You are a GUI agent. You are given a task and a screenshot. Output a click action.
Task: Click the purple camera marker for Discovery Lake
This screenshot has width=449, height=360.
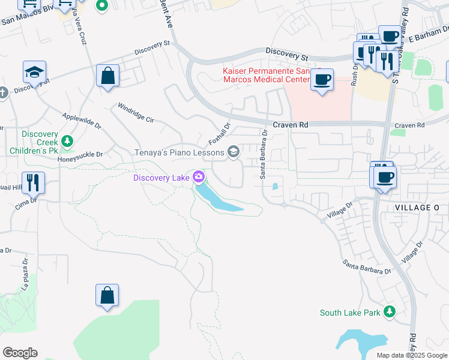pos(199,177)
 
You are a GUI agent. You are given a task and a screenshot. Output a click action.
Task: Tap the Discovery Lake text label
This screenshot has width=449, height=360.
pos(161,177)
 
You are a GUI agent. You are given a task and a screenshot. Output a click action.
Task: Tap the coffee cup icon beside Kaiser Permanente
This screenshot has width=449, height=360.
pos(322,79)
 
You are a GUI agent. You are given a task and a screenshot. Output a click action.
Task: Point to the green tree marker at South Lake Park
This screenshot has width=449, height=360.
pos(390,311)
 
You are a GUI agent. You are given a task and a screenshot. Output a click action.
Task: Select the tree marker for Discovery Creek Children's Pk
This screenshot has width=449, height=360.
pos(68,142)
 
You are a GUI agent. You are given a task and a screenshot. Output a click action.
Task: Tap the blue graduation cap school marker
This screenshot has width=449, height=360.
pos(34,73)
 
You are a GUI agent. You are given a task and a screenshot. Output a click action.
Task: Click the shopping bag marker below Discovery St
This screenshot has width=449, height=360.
pos(107,76)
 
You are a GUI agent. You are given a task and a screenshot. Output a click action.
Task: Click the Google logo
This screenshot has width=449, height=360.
pos(20,353)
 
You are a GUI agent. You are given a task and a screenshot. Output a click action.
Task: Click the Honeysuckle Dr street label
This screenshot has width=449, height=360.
pos(80,154)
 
